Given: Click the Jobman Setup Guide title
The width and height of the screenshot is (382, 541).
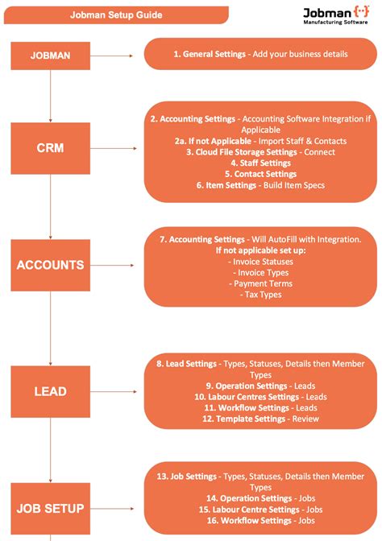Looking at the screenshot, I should pos(116,14).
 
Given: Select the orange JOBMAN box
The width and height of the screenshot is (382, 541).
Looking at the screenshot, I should pos(50,56).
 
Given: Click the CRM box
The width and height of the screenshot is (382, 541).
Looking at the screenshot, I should pos(50,148).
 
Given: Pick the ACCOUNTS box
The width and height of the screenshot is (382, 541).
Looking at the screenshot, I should pos(50,265).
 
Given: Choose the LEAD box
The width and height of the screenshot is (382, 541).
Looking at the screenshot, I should pos(50,391).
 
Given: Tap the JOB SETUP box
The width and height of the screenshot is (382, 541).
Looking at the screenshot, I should pos(50,508).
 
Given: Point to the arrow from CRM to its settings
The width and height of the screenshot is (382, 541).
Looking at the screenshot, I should pos(117,148).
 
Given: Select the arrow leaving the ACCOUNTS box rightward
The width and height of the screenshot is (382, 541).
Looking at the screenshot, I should pos(117,265).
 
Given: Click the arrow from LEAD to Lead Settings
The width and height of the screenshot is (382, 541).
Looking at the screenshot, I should pos(117,391).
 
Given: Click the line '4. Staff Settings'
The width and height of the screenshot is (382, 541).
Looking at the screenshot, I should pos(260,163).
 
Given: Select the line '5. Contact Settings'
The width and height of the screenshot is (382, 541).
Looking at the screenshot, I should pos(260,174).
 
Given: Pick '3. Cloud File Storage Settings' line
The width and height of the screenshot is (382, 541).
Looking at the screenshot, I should pos(260,152).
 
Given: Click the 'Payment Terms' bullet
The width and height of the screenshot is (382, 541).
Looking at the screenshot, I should pos(260,283).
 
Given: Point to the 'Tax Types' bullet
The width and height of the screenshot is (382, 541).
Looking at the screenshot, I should pos(260,295).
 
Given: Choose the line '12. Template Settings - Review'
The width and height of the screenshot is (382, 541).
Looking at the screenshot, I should pos(260,419).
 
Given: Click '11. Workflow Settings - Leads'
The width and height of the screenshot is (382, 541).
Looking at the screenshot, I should pos(260,407).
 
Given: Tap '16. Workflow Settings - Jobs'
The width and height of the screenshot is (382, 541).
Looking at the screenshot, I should pos(260,521).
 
